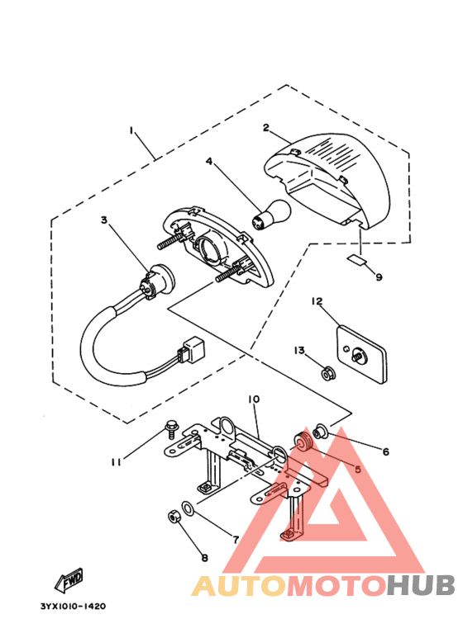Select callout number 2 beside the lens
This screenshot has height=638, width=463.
click(x=266, y=127)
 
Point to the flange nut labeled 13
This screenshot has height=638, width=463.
click(x=327, y=373)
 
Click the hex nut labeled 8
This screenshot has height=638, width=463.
click(x=174, y=517)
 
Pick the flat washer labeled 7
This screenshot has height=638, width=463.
click(x=188, y=508)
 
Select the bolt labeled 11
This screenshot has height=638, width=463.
click(x=170, y=430)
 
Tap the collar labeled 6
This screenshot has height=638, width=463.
click(x=319, y=431)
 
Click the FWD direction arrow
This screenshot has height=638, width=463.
click(x=69, y=579)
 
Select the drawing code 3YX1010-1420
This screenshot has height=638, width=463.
click(x=74, y=607)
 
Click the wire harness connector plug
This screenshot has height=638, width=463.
click(x=193, y=348)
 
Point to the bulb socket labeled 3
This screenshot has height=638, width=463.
click(x=158, y=279)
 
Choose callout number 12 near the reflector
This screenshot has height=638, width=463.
click(x=317, y=301)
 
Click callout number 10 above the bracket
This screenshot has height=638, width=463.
click(x=254, y=399)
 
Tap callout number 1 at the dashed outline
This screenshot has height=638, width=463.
click(x=131, y=130)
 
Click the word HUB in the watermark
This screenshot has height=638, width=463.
click(x=421, y=585)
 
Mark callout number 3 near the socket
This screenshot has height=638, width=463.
click(x=104, y=220)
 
